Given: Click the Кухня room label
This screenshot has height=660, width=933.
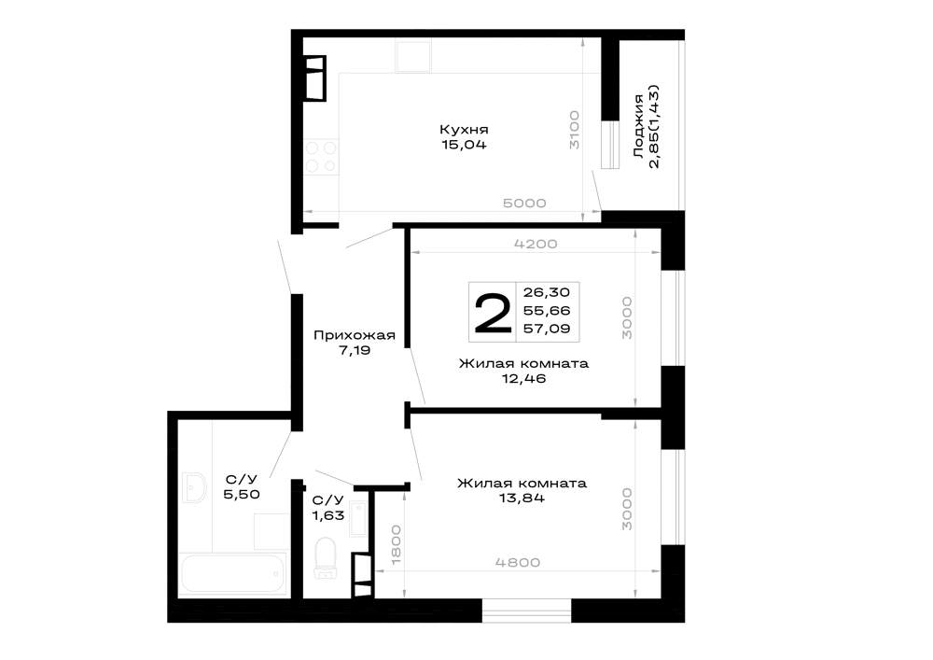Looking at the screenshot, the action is pyautogui.click(x=464, y=129).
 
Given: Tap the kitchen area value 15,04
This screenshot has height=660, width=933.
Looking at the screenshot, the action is pyautogui.click(x=464, y=145).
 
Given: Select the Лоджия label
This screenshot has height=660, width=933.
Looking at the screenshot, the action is pyautogui.click(x=638, y=126).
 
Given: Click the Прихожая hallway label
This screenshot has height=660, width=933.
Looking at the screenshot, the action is pyautogui.click(x=354, y=336).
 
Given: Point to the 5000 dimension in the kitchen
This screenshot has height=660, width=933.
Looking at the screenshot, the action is pyautogui.click(x=524, y=203).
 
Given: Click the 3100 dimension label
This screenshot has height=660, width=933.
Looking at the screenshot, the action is pyautogui.click(x=574, y=130).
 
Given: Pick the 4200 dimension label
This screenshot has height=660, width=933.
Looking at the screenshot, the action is pyautogui.click(x=536, y=244).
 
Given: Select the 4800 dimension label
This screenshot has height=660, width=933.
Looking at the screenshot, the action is pyautogui.click(x=518, y=562).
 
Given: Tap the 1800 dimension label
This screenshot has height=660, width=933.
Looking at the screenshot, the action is pyautogui.click(x=397, y=545).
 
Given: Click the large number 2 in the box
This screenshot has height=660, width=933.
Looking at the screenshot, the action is pyautogui.click(x=493, y=313).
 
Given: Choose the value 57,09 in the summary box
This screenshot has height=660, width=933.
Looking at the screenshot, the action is pyautogui.click(x=546, y=329).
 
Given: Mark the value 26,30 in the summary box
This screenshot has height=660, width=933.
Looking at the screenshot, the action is pyautogui.click(x=546, y=292).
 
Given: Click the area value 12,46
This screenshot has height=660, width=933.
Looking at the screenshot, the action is pyautogui.click(x=523, y=378).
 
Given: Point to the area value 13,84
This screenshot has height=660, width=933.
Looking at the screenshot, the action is pyautogui.click(x=522, y=499).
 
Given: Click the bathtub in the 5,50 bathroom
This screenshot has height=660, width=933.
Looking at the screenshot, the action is pyautogui.click(x=234, y=574).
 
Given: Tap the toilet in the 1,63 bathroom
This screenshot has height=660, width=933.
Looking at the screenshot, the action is pyautogui.click(x=325, y=557).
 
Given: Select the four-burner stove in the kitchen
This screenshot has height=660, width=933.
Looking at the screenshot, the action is pyautogui.click(x=321, y=157).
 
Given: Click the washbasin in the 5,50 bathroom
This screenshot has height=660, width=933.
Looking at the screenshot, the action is pyautogui.click(x=193, y=488).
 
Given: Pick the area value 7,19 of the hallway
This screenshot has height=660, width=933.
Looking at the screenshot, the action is pyautogui.click(x=355, y=350).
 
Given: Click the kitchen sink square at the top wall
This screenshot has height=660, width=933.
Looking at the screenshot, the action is pyautogui.click(x=413, y=57).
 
